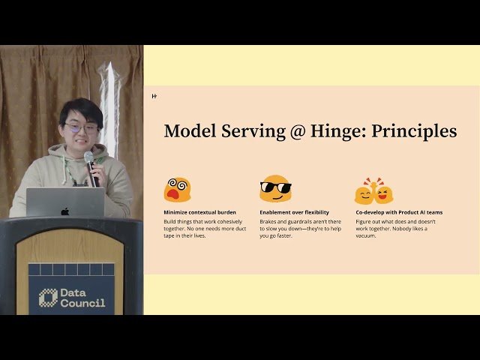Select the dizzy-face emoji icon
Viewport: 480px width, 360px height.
[x=177, y=190]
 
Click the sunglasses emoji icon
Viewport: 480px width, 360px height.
[x=275, y=189]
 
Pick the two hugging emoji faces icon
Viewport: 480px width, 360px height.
[x=373, y=191]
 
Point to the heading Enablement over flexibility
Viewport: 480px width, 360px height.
[x=294, y=212]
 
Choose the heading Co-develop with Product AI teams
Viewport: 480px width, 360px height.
[x=399, y=212]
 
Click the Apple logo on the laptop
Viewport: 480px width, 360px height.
[x=65, y=211]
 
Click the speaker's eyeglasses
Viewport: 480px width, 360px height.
[x=80, y=128]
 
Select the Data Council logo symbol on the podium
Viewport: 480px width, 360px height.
[x=49, y=297]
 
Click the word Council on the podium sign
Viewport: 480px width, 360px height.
[x=82, y=303]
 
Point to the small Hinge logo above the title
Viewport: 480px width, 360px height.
[x=154, y=96]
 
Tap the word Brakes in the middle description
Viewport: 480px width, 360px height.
[x=269, y=221]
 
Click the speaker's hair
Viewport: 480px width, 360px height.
[x=81, y=110]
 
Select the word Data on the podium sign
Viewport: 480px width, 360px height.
[x=74, y=292]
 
